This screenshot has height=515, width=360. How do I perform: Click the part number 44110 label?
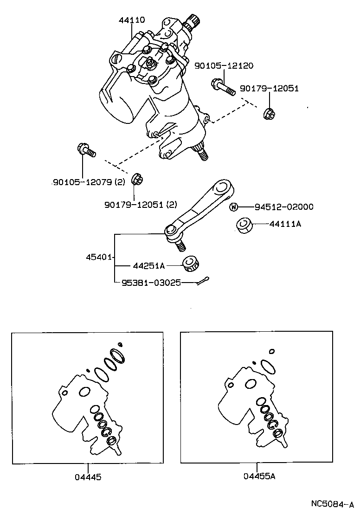(132, 20)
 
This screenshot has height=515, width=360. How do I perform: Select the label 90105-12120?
(224, 66)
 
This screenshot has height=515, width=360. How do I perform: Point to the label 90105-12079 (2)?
(89, 182)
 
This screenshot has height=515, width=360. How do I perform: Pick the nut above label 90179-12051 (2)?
(137, 179)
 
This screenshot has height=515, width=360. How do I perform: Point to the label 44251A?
(148, 266)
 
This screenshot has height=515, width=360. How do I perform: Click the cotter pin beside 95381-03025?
(202, 281)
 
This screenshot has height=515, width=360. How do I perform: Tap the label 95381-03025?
(151, 282)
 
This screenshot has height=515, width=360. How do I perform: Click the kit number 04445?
(88, 476)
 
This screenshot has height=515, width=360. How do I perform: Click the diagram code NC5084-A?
(332, 504)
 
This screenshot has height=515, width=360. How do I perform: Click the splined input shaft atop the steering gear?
(192, 22)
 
